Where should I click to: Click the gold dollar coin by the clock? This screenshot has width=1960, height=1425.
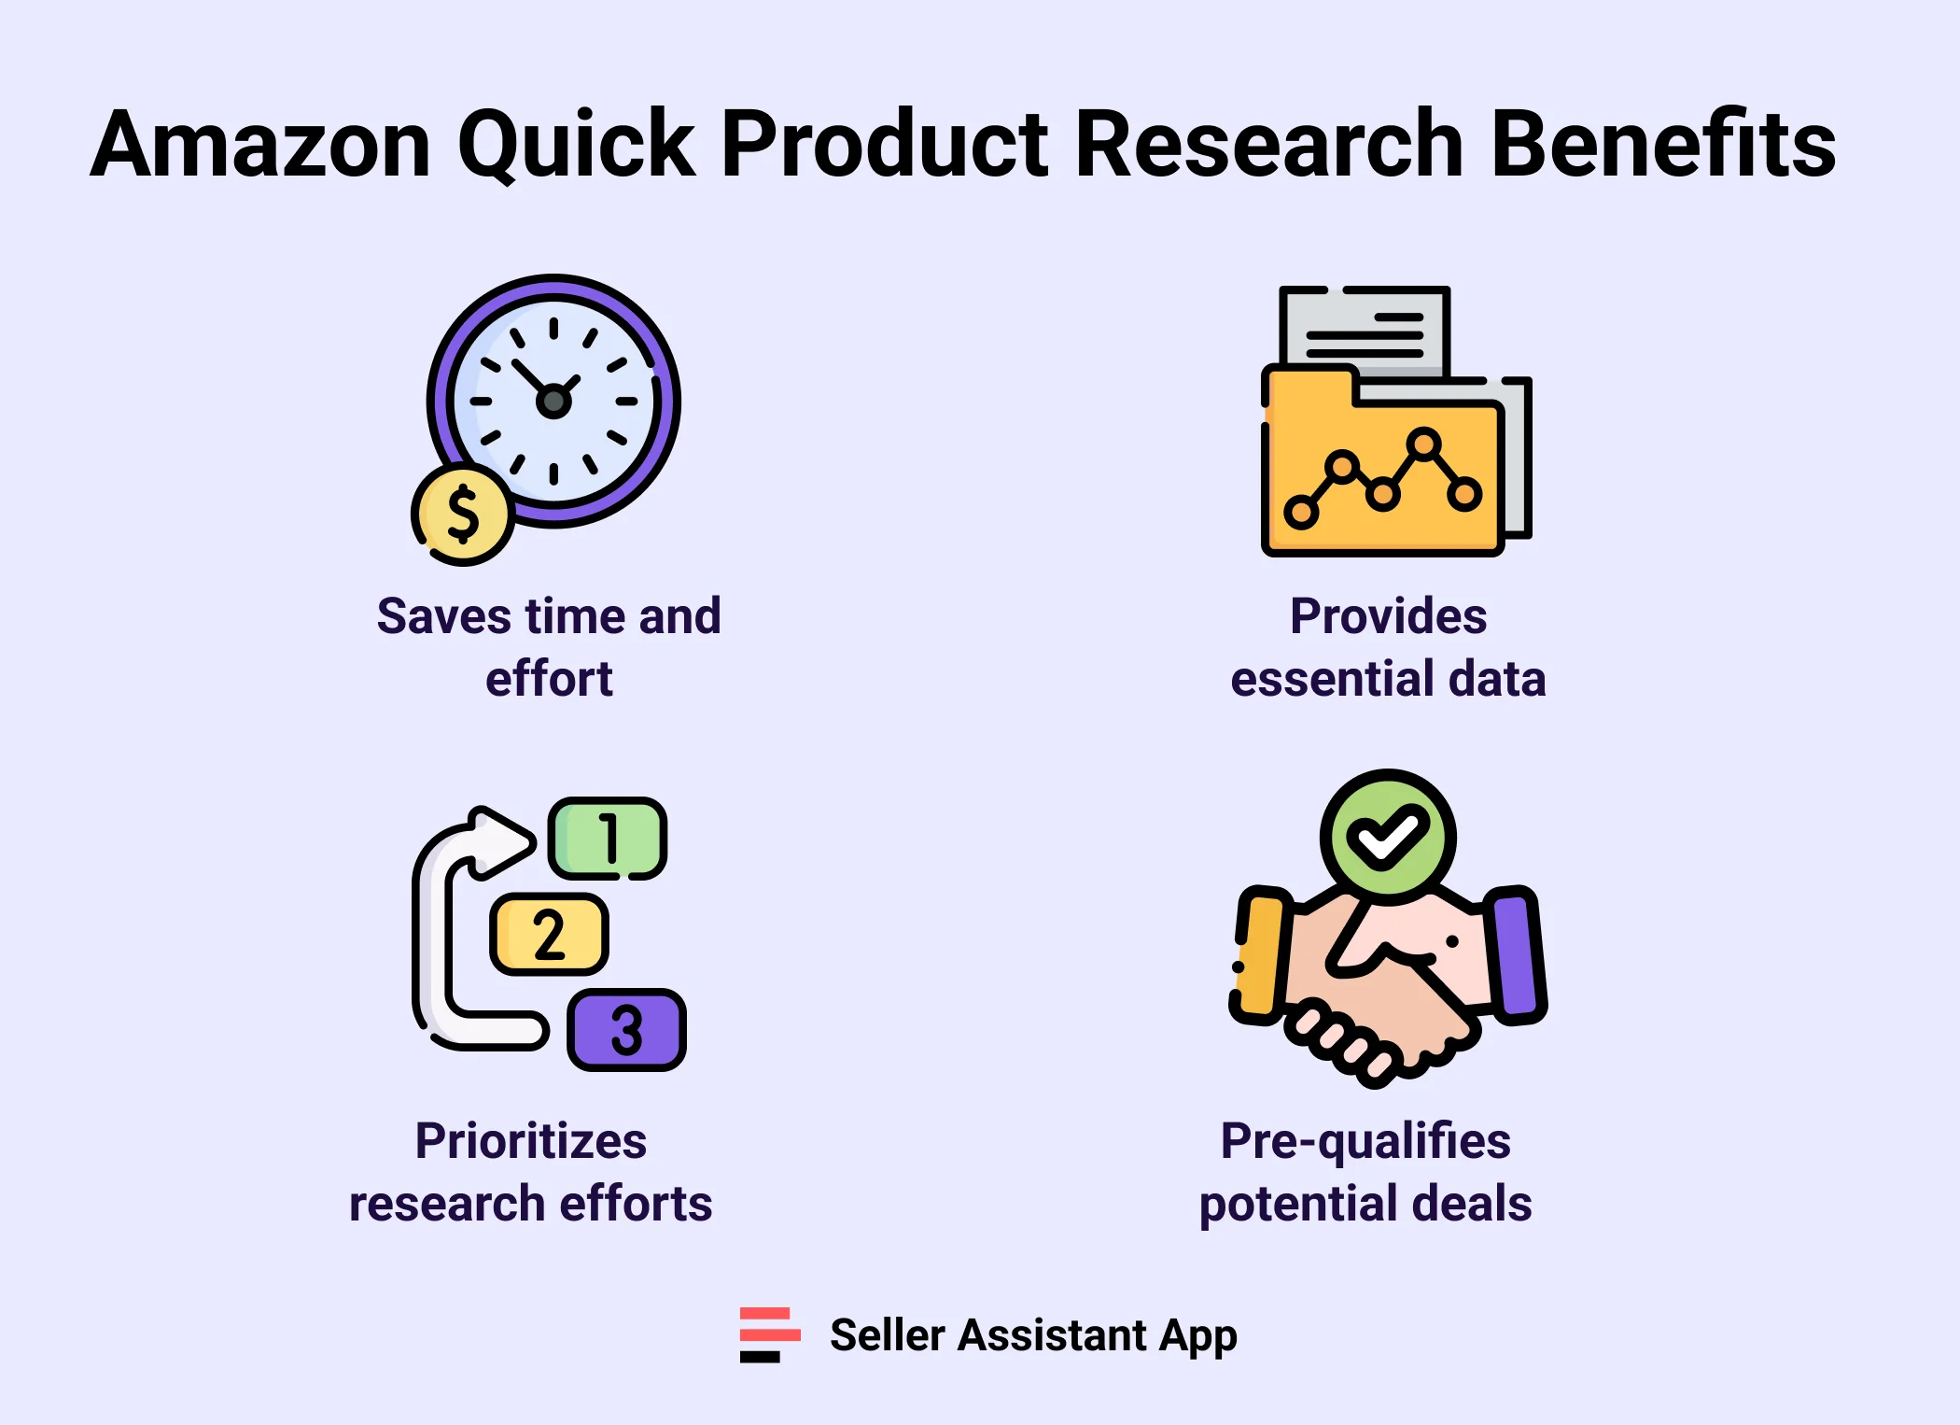tap(463, 515)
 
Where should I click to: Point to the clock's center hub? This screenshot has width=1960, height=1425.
tap(553, 402)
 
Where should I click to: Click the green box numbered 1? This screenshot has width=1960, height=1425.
tap(608, 838)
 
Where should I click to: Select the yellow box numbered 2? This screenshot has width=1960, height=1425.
tap(549, 935)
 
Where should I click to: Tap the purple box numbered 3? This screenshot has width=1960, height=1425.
tap(626, 1030)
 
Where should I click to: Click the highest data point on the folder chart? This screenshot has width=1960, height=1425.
tap(1423, 444)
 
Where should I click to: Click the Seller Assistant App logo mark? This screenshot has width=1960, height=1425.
tap(769, 1334)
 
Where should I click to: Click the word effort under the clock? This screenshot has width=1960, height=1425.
tap(549, 679)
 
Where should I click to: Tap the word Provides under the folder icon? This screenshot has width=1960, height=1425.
tap(1388, 616)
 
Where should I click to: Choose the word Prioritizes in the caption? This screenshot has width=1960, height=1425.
tap(530, 1141)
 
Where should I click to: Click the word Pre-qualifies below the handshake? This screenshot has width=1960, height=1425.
tap(1365, 1141)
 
